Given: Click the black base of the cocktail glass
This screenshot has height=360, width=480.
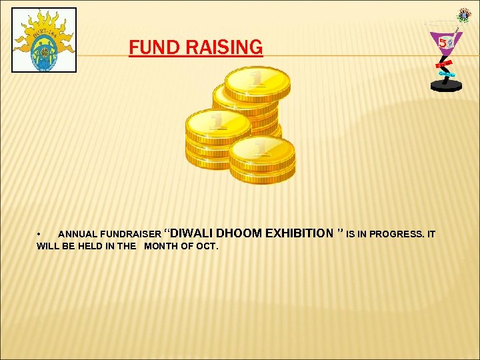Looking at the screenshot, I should click(446, 86).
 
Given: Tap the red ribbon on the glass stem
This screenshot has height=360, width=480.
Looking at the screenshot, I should click(441, 65).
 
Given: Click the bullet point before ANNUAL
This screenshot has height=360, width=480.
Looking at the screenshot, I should click(40, 235).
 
